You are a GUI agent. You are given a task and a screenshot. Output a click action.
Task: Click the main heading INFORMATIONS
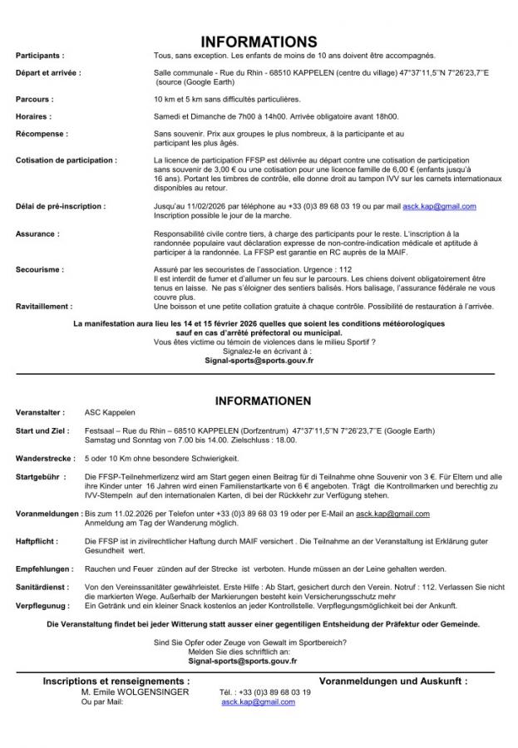click(259, 42)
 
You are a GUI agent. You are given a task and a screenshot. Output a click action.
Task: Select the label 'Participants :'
click(40, 55)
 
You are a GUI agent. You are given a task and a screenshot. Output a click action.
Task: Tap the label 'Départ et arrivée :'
click(48, 73)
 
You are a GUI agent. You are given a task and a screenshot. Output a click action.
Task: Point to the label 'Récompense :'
click(42, 133)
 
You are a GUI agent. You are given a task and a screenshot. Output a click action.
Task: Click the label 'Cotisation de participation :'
click(67, 160)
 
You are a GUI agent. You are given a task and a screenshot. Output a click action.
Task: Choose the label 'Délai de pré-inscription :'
click(61, 205)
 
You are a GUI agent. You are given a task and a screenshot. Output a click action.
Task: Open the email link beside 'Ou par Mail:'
click(258, 702)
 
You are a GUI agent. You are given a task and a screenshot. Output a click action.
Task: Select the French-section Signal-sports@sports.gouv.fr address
click(259, 362)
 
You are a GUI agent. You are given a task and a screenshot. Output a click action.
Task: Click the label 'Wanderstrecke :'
click(46, 458)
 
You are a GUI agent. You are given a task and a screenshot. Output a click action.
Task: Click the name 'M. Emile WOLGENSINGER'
click(130, 691)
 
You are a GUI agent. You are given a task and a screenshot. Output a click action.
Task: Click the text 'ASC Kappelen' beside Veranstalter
click(110, 412)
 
